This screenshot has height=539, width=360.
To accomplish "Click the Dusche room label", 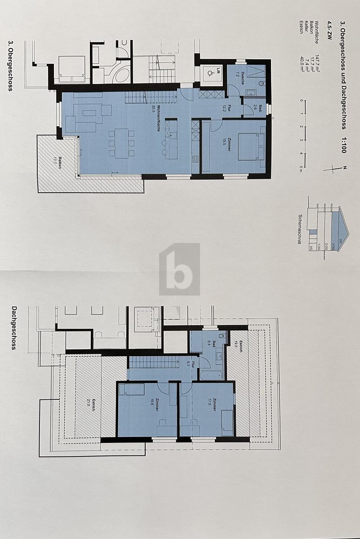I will click(243, 75).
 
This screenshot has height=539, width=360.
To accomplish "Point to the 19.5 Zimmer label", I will click(230, 144).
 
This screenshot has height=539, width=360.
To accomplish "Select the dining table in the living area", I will click(122, 143).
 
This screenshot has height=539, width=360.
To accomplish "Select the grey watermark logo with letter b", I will click(179, 269).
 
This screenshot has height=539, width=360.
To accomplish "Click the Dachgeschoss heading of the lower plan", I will click(14, 328).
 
